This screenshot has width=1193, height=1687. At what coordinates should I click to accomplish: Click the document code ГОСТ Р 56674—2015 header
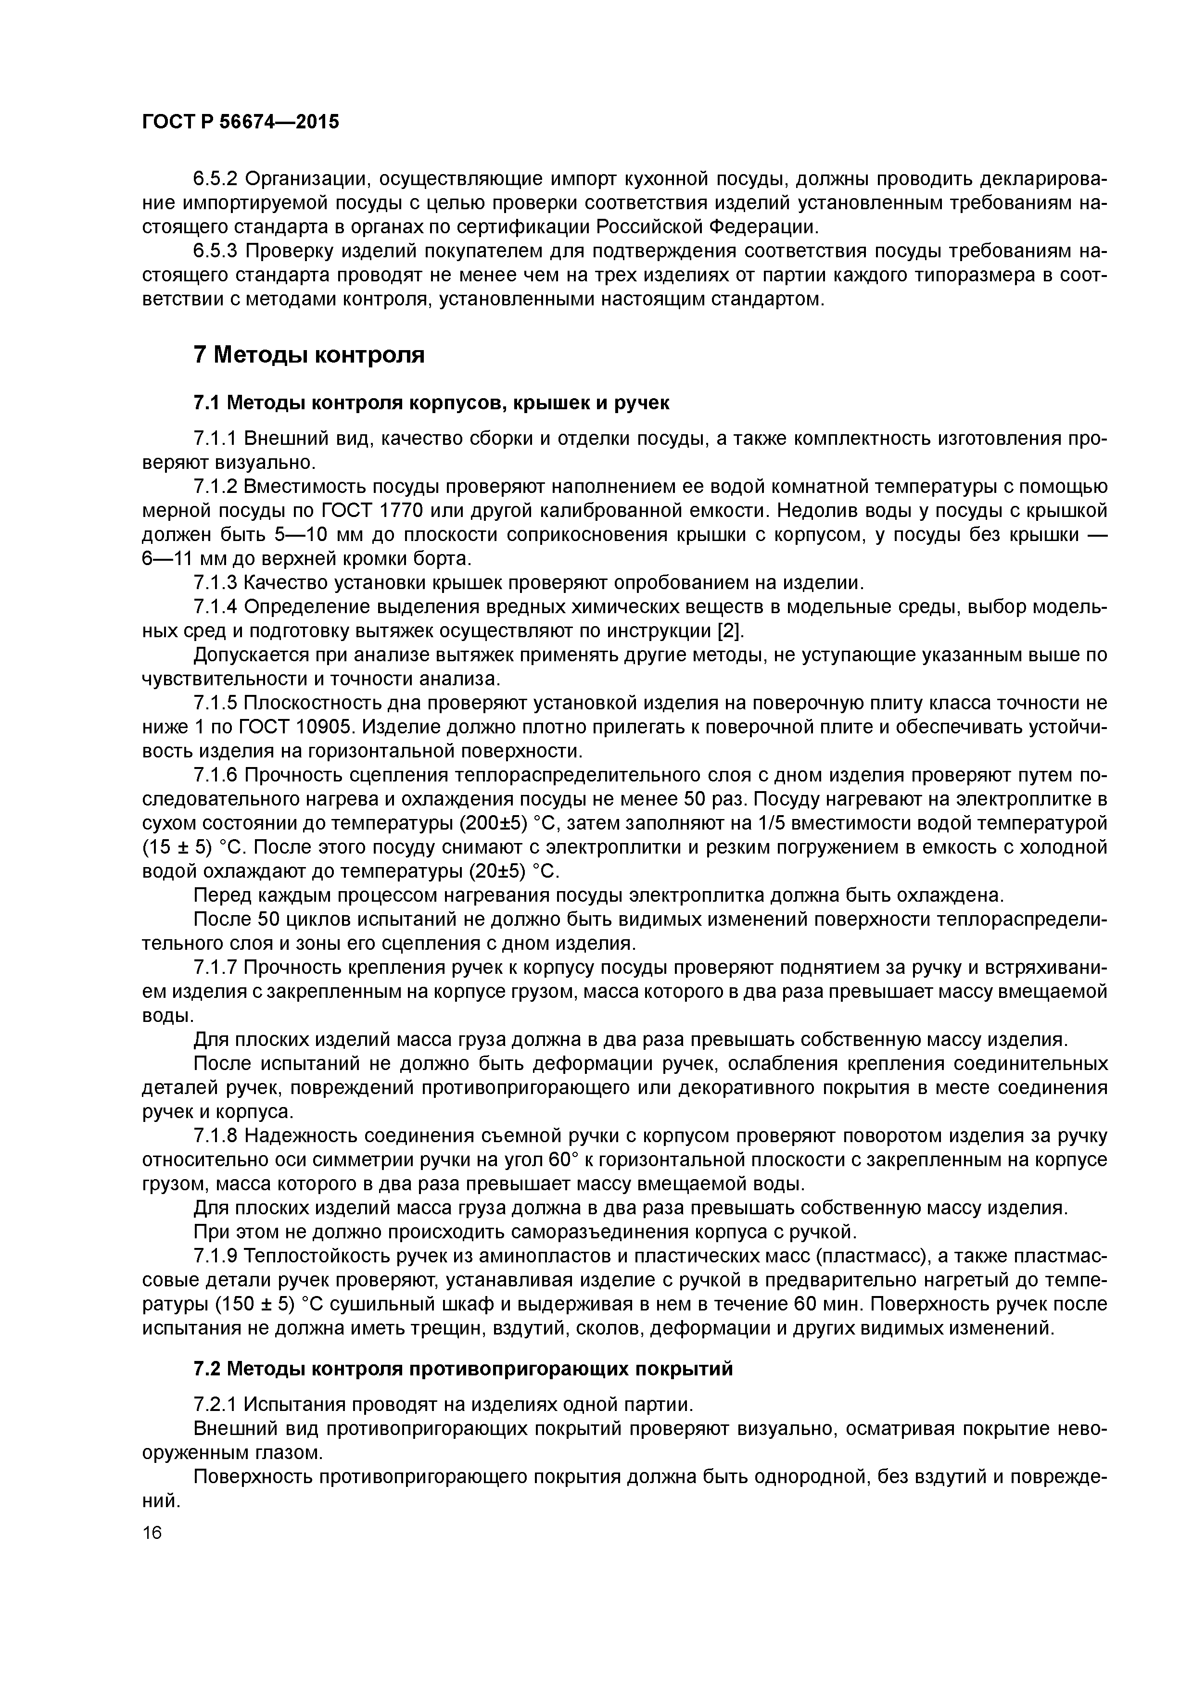(241, 122)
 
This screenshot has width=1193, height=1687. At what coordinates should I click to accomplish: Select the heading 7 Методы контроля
(309, 355)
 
